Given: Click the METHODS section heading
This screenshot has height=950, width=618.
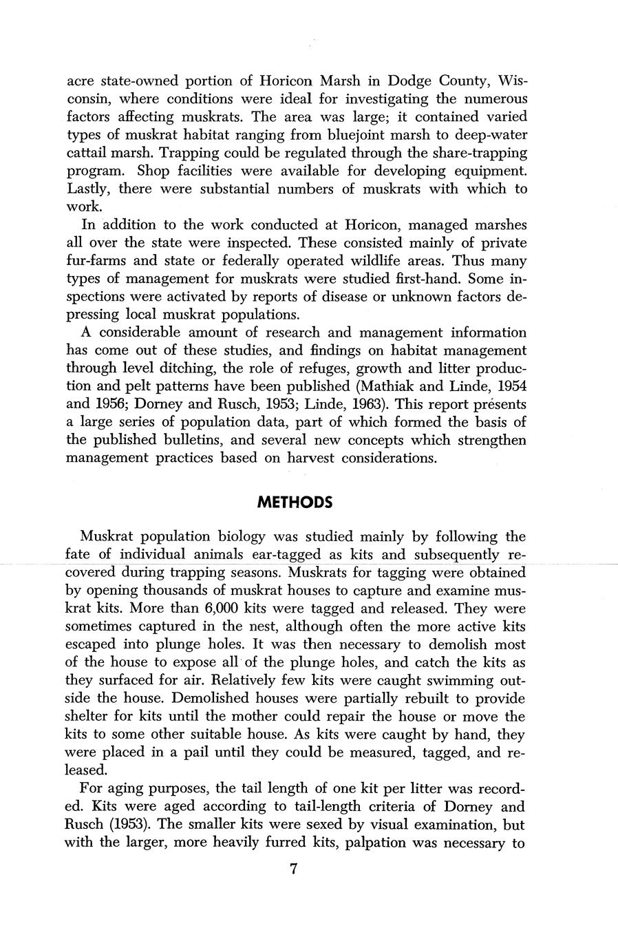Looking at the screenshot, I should pyautogui.click(x=294, y=503).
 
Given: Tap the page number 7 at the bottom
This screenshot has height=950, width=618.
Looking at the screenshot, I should pyautogui.click(x=293, y=869).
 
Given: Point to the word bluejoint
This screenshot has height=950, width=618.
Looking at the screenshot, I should pyautogui.click(x=364, y=135).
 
